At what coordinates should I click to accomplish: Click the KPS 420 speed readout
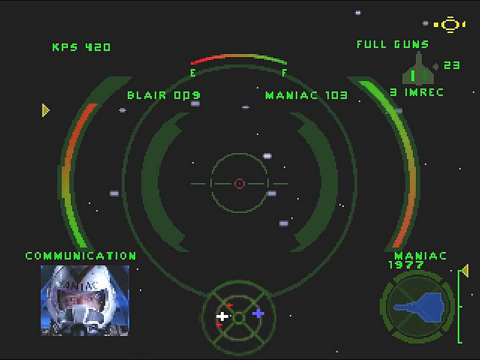pos(82,47)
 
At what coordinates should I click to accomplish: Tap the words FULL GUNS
pos(393,44)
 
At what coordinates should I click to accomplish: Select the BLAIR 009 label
pos(164,95)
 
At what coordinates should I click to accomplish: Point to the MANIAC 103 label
pos(307,95)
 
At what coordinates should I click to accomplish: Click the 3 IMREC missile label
pos(416,92)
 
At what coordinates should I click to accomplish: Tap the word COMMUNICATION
pos(81,256)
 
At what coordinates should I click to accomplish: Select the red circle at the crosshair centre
pos(239,184)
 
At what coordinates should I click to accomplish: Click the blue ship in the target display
pos(419,307)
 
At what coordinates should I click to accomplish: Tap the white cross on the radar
pos(222,316)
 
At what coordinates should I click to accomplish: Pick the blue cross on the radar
pos(258,313)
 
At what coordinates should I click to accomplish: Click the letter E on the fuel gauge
pos(193,73)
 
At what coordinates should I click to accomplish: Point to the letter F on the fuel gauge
pos(284,73)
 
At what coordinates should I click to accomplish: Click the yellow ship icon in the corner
pos(449,25)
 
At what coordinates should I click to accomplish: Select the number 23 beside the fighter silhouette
pos(452,65)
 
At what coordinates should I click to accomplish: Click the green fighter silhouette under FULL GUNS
pos(418,69)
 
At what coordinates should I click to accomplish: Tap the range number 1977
pos(406,265)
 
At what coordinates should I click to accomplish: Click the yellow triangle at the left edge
pos(46,110)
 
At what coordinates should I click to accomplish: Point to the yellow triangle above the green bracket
pos(466,271)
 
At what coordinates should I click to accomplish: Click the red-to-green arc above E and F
pos(238,56)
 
